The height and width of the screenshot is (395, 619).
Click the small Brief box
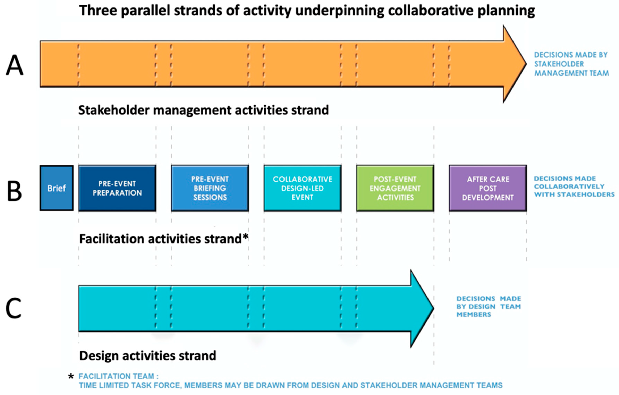point(57,188)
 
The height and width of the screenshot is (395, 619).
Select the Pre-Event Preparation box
point(117,188)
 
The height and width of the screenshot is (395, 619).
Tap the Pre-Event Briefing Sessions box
point(210,188)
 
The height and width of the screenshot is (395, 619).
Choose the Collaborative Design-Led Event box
point(303,188)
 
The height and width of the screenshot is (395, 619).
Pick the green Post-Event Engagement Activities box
point(395,188)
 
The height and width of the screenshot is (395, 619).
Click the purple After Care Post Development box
point(488,188)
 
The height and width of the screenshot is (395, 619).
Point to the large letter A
point(15,65)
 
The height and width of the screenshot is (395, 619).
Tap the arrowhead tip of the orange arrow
point(526,64)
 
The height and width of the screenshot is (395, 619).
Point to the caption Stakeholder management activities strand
point(204,110)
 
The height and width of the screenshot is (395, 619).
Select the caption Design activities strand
point(148,356)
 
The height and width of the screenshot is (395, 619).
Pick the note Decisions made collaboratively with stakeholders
point(574,186)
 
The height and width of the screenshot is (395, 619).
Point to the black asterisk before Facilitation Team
point(71,377)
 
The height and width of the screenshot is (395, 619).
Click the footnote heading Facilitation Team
point(118,376)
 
